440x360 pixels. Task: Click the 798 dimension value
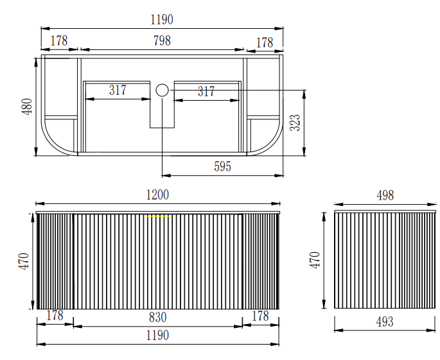(162, 40)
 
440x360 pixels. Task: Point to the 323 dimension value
(295, 123)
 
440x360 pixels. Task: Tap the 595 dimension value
(222, 167)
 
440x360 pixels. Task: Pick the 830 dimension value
(158, 316)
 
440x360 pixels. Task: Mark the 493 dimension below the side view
(384, 321)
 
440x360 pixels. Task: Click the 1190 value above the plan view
(162, 20)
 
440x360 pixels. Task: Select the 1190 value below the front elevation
(158, 335)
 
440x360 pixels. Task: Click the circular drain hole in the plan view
(162, 90)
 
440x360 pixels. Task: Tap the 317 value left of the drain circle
(118, 90)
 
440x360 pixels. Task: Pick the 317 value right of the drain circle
(206, 92)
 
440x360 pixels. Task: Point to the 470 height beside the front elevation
(22, 262)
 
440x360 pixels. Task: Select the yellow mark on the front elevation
(157, 216)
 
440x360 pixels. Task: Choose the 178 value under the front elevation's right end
(260, 316)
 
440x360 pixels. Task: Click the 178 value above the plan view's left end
(58, 40)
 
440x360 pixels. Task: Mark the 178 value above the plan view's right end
(264, 42)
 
